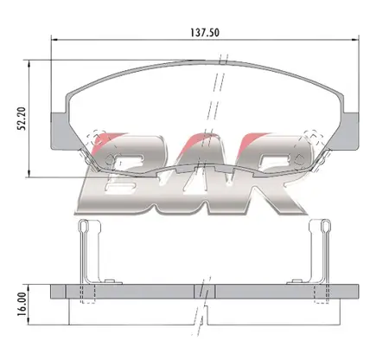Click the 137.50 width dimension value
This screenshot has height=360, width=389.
point(205,33)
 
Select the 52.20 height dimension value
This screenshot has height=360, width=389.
point(22,119)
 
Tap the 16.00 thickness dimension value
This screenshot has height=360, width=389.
point(22,305)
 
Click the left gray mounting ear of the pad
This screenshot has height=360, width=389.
point(60,132)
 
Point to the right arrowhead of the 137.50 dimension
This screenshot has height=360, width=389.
point(355,39)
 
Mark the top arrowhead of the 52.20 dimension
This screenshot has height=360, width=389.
point(29,63)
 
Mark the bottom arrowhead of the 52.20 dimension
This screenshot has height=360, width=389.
point(29,174)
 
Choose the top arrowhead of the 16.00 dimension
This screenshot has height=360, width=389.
point(29,287)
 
